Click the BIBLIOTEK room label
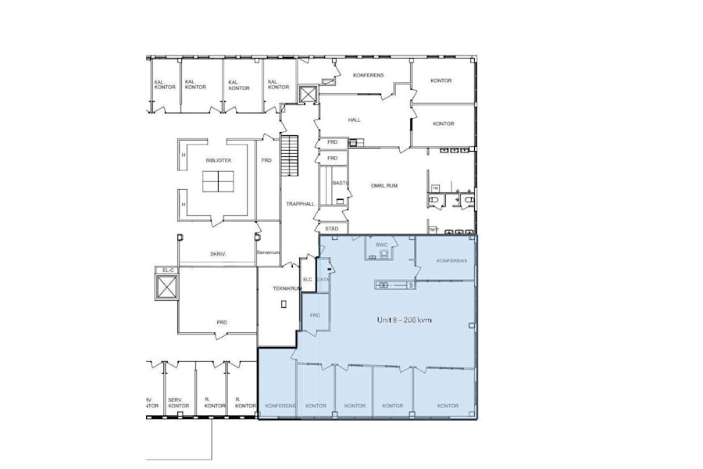[219, 159]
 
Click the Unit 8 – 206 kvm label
[405, 320]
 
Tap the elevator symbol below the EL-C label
[166, 287]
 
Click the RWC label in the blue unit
[381, 245]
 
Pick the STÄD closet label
[332, 228]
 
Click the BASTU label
[339, 183]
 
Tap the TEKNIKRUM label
[287, 288]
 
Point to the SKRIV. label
[218, 254]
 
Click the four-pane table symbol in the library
[219, 181]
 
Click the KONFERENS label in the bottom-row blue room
[280, 406]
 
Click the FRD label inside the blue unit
[315, 315]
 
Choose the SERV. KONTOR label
[178, 402]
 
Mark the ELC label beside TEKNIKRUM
[307, 279]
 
